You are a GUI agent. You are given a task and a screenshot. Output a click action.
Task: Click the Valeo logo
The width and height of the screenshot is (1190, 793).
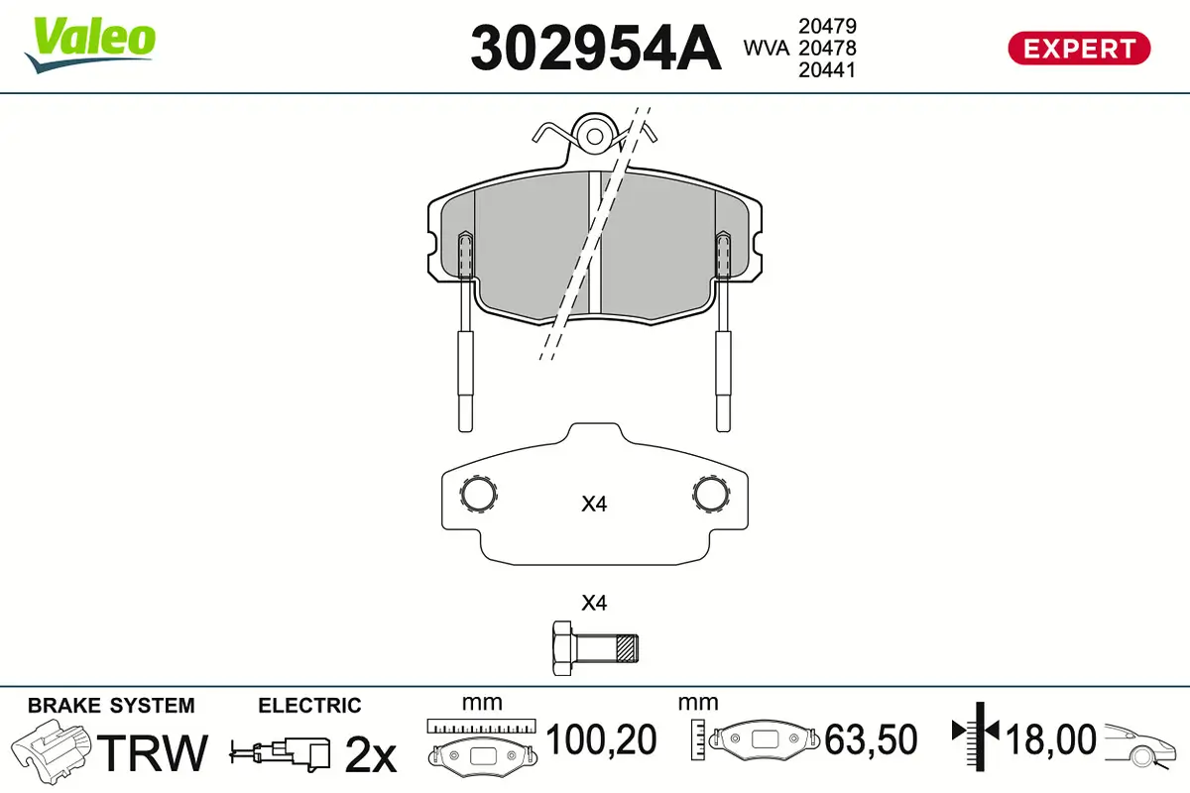(90, 45)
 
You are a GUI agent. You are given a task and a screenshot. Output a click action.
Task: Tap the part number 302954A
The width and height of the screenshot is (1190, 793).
(596, 48)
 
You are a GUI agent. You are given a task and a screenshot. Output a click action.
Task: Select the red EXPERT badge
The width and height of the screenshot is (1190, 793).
(1079, 49)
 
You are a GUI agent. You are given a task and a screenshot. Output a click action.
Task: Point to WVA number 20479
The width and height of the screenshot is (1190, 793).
(827, 26)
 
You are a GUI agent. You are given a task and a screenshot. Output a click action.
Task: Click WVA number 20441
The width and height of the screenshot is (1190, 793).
(827, 70)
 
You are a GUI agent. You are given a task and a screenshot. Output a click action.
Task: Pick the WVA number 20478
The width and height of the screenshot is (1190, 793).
(827, 48)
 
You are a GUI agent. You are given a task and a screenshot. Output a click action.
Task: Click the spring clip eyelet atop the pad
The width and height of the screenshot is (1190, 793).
(594, 137)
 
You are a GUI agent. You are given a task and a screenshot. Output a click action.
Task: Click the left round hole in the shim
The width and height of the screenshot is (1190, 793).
(478, 494)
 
